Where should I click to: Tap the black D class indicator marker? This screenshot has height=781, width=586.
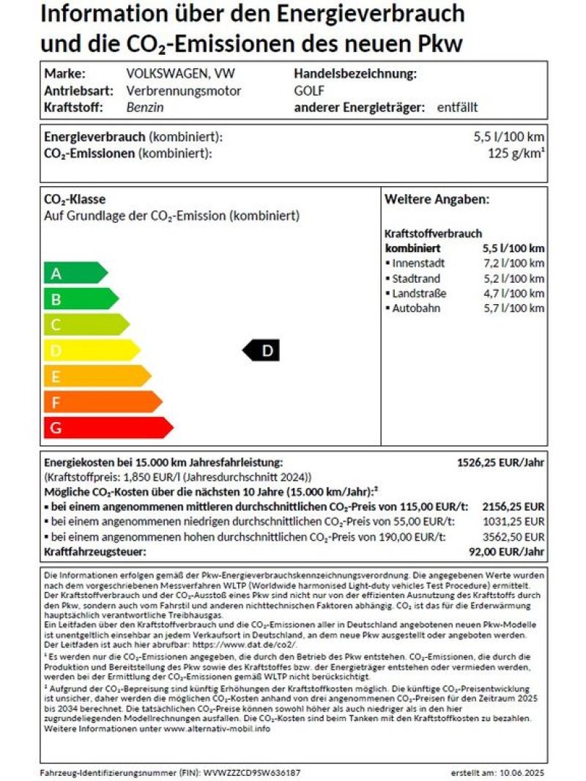(x=262, y=351)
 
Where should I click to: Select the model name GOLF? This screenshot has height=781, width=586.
(x=309, y=91)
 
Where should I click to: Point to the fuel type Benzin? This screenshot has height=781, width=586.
(x=145, y=107)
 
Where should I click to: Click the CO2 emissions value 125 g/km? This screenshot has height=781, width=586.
(x=516, y=153)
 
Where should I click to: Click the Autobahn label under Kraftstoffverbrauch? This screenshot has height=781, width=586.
(x=416, y=308)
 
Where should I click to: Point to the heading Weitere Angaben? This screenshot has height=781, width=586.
(x=437, y=199)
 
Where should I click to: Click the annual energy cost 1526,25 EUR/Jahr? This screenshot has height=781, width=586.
(x=500, y=462)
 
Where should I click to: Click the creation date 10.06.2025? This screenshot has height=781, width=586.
(x=521, y=773)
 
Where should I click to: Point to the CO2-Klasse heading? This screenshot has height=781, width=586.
(x=75, y=200)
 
